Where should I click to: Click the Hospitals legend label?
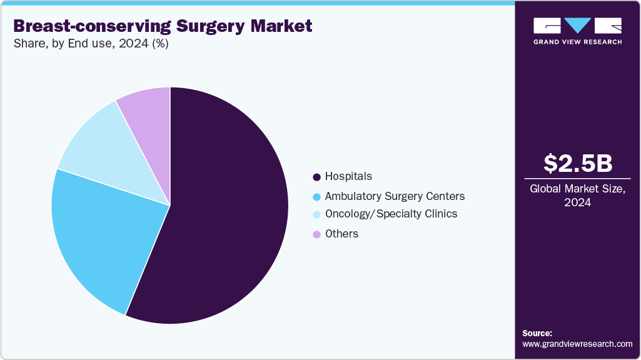pyautogui.click(x=348, y=176)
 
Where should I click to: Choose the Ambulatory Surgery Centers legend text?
pyautogui.click(x=395, y=196)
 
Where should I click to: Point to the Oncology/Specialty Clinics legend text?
pyautogui.click(x=391, y=214)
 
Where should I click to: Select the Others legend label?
pyautogui.click(x=341, y=234)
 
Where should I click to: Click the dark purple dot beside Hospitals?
pyautogui.click(x=316, y=177)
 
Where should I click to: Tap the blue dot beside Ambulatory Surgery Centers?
pyautogui.click(x=316, y=197)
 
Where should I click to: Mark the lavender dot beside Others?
pyautogui.click(x=316, y=234)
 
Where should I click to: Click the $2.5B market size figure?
pyautogui.click(x=577, y=164)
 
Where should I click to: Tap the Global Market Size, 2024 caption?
pyautogui.click(x=577, y=196)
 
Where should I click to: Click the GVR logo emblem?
pyautogui.click(x=577, y=26)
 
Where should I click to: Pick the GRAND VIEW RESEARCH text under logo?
pyautogui.click(x=577, y=42)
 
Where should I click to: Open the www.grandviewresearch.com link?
pyautogui.click(x=577, y=344)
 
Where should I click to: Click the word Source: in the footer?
pyautogui.click(x=537, y=333)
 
